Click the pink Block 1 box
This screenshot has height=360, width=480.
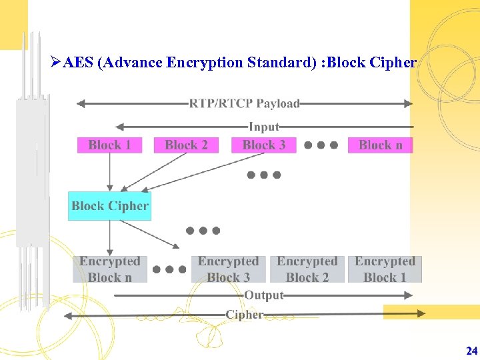click(x=109, y=145)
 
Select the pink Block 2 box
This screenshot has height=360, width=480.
click(x=186, y=145)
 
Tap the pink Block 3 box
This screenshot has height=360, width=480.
click(x=263, y=145)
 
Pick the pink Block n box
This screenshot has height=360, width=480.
click(x=380, y=145)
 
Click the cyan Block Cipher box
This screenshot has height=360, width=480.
click(x=110, y=206)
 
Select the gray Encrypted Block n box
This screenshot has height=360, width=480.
click(x=110, y=269)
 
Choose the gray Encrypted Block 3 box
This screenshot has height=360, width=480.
click(x=228, y=269)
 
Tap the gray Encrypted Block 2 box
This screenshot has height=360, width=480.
click(x=307, y=269)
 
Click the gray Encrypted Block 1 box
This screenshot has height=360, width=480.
click(x=385, y=269)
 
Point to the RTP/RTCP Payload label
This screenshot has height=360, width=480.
click(x=244, y=103)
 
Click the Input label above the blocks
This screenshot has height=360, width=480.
click(x=264, y=126)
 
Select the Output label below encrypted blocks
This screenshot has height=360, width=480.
click(x=264, y=295)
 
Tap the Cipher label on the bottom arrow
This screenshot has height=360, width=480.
click(x=244, y=314)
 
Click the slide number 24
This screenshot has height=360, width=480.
click(x=471, y=351)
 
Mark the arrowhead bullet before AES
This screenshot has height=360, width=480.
click(x=55, y=63)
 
